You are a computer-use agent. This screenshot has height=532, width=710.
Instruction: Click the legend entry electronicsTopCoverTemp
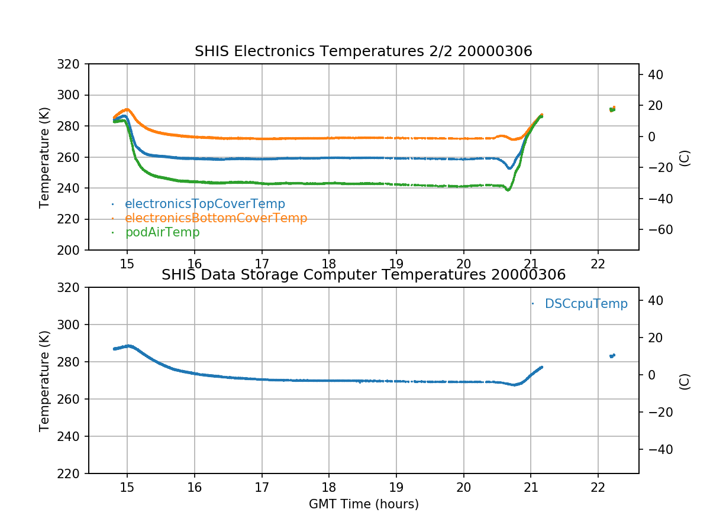(x=205, y=204)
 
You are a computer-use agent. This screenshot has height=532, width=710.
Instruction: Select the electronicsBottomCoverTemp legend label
(x=216, y=218)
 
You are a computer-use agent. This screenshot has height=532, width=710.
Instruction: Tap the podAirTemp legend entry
(x=162, y=232)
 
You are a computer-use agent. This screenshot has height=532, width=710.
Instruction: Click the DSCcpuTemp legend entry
(x=586, y=304)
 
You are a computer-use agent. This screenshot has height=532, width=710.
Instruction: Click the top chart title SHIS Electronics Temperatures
(x=363, y=52)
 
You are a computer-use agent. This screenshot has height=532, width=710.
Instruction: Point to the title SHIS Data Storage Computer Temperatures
(x=363, y=275)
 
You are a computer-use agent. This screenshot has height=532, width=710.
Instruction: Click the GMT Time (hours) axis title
(x=363, y=504)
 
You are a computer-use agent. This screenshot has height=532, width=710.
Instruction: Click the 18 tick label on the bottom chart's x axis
(x=329, y=488)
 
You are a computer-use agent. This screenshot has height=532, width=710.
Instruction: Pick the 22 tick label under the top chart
(x=598, y=264)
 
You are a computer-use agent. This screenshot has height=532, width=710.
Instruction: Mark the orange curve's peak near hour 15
(x=127, y=109)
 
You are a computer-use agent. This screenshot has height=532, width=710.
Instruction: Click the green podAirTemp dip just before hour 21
(x=508, y=190)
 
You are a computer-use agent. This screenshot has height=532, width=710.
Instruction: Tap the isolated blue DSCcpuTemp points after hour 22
(x=612, y=355)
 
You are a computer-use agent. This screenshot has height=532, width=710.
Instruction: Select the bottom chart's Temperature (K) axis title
(x=44, y=381)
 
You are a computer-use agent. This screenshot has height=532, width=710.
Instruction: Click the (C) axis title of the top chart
(x=685, y=157)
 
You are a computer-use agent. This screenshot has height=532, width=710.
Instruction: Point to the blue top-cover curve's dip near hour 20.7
(x=509, y=168)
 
